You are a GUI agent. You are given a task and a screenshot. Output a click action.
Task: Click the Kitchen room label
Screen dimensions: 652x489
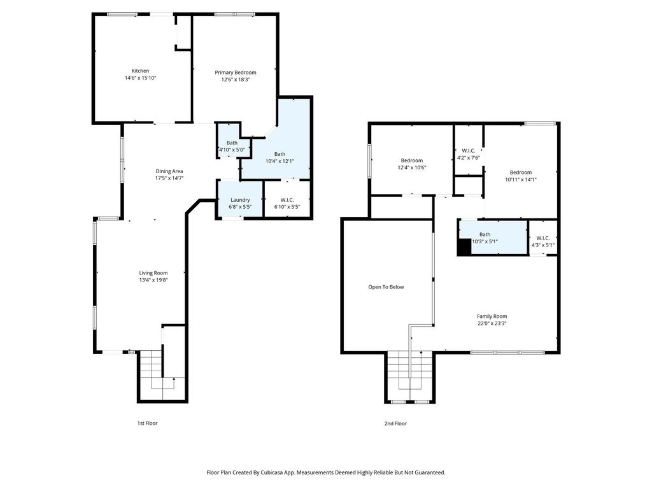click(x=140, y=71)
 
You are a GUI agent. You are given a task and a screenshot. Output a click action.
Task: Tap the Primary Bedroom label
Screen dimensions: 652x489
click(x=236, y=73)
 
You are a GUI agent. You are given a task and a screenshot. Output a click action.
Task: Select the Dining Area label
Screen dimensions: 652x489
click(x=169, y=171)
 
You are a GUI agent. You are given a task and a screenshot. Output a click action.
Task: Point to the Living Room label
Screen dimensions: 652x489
click(x=153, y=273)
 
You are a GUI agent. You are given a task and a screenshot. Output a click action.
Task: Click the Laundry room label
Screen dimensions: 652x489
click(x=240, y=199)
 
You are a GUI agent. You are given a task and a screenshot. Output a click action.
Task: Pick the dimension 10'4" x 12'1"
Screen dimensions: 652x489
click(x=280, y=161)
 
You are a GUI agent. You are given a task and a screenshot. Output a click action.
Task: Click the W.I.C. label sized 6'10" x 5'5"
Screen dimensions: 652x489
click(x=287, y=199)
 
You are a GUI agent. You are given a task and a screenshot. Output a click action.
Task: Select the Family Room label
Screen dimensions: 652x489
click(x=492, y=316)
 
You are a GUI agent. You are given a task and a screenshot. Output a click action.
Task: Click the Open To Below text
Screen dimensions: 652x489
click(x=386, y=287)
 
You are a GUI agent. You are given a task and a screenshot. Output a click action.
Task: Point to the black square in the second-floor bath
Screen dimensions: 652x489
click(x=464, y=247)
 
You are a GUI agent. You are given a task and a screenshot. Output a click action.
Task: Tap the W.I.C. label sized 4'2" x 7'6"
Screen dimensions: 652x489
click(x=469, y=150)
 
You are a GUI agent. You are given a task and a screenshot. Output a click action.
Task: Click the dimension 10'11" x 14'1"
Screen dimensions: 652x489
click(x=521, y=180)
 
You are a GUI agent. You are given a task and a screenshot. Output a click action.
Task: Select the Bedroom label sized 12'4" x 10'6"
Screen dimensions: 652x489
click(x=412, y=160)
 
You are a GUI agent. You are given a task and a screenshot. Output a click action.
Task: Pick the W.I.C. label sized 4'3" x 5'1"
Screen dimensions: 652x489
click(x=543, y=238)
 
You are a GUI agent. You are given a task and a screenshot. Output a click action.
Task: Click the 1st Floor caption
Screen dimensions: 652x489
click(x=148, y=423)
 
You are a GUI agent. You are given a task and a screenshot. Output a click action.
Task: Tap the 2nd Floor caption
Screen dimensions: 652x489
click(x=395, y=423)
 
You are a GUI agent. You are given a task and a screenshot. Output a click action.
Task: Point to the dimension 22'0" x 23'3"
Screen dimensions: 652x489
click(x=492, y=323)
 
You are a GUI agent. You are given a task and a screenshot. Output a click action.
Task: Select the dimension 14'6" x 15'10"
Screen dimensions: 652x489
click(x=140, y=78)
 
